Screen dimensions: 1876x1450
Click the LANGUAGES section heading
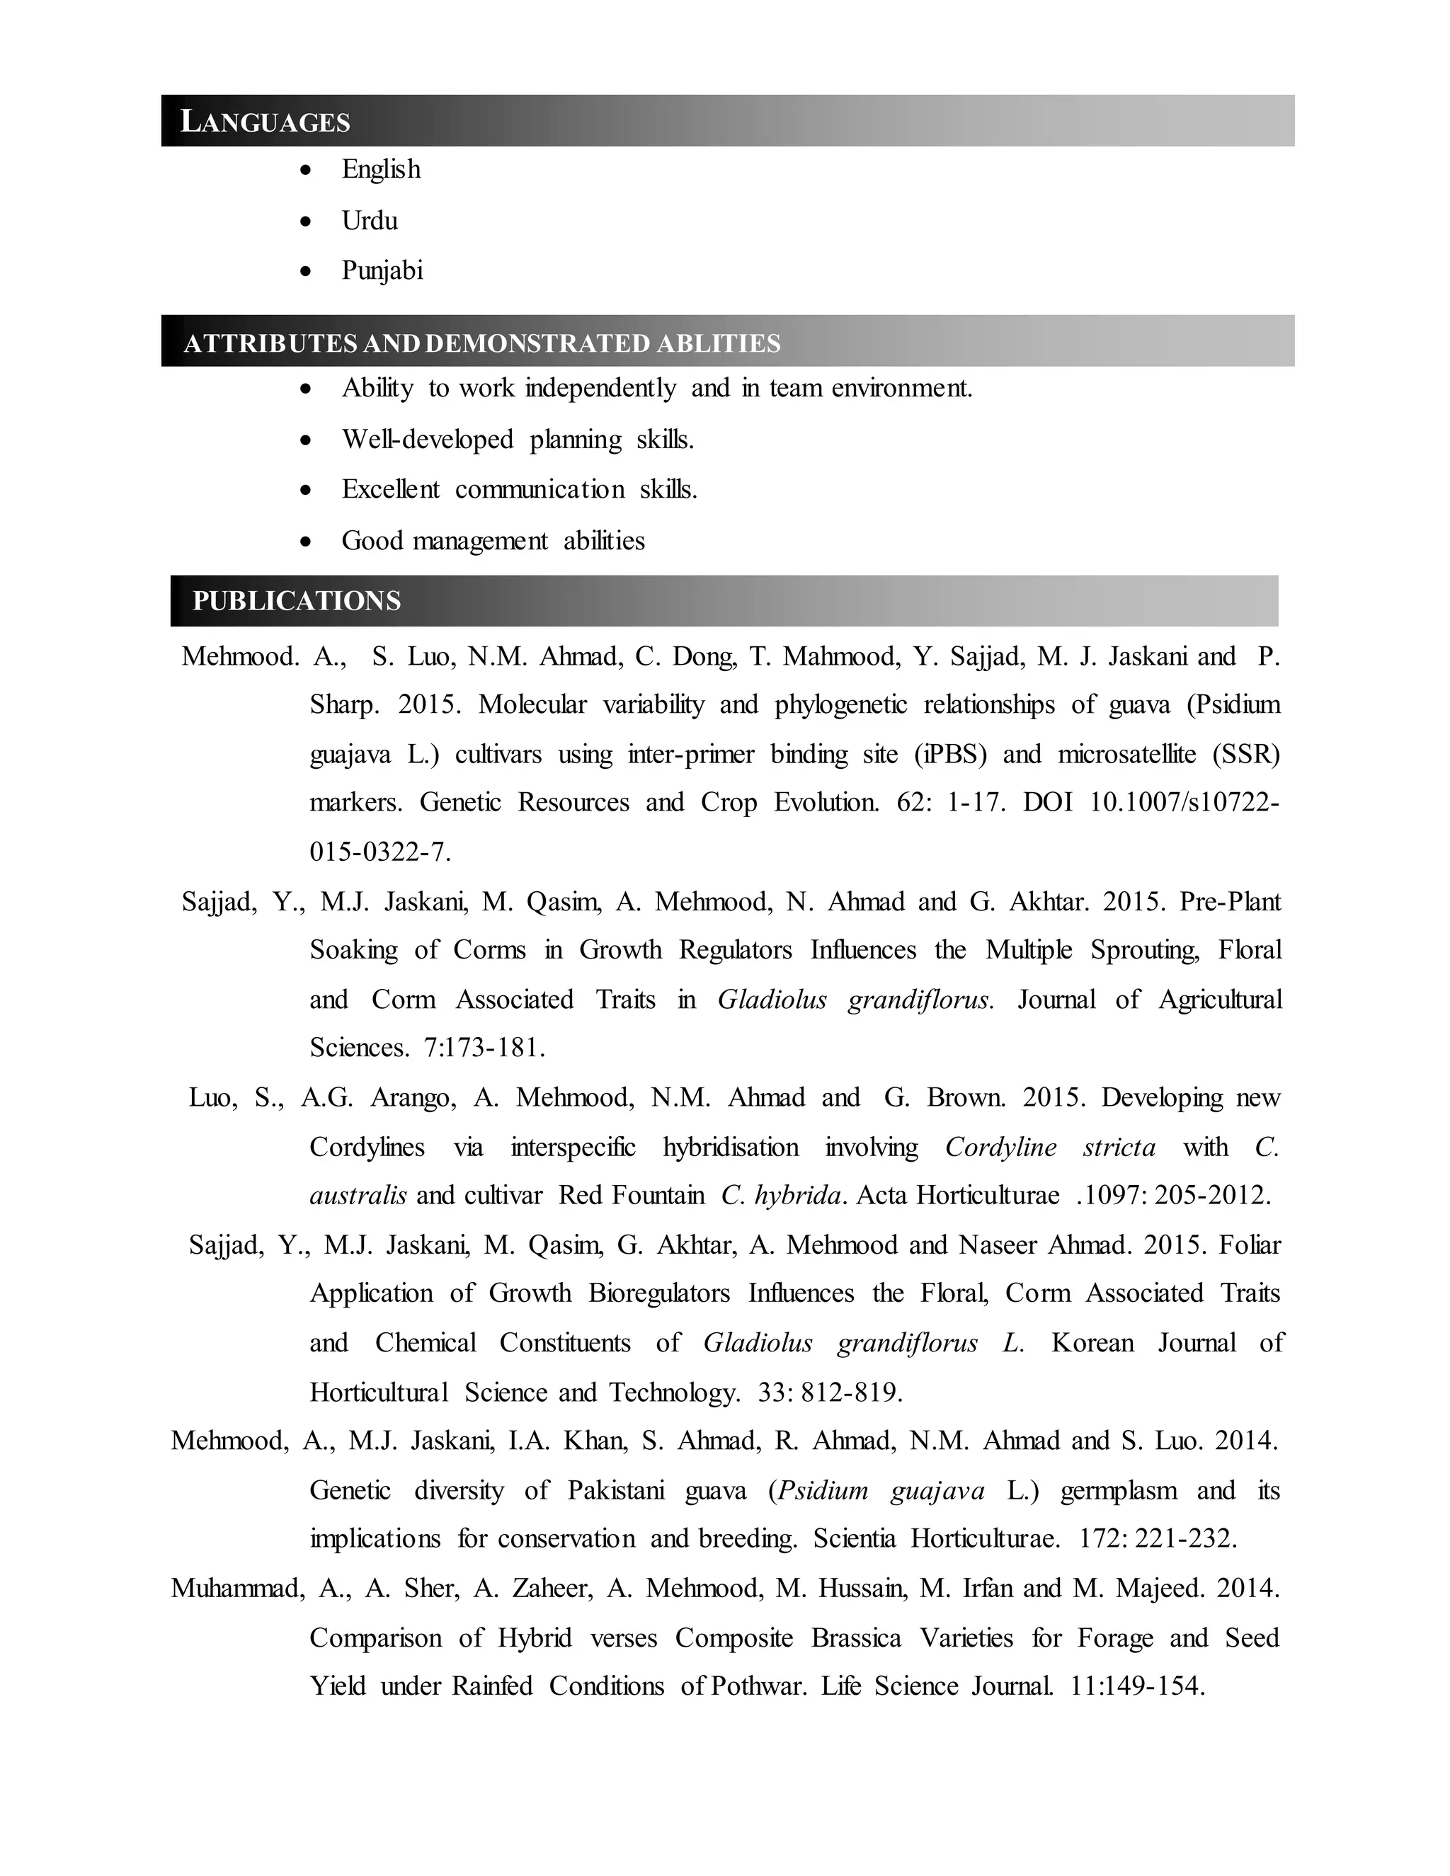click(266, 122)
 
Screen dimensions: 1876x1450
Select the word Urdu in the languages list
click(370, 221)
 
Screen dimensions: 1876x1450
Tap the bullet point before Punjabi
click(306, 271)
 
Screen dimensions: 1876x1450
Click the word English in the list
click(380, 169)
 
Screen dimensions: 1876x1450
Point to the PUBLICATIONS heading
click(297, 600)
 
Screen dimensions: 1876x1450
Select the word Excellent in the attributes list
click(390, 490)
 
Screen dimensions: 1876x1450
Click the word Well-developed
click(427, 440)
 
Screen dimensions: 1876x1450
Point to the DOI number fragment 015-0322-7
click(379, 852)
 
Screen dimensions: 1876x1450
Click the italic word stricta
click(1119, 1148)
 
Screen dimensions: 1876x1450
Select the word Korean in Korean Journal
click(1092, 1342)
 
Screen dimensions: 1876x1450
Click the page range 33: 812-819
click(829, 1392)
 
